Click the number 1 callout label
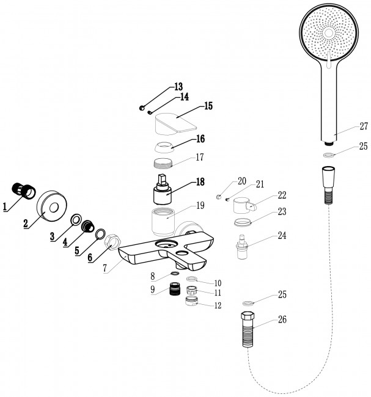[6, 207]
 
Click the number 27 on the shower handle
[363, 126]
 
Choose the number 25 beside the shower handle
[364, 147]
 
